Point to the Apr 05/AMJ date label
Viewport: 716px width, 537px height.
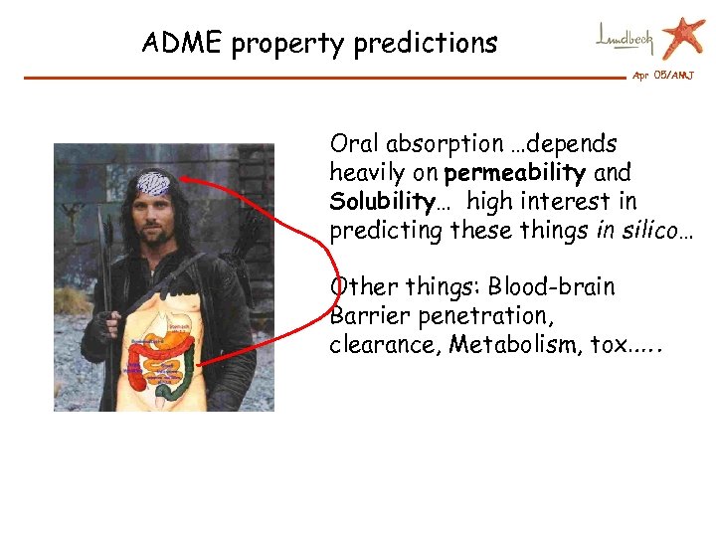(662, 77)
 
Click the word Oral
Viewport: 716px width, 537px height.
(358, 145)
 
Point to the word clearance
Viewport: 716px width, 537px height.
(383, 345)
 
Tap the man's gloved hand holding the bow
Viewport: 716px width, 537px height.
(96, 340)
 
